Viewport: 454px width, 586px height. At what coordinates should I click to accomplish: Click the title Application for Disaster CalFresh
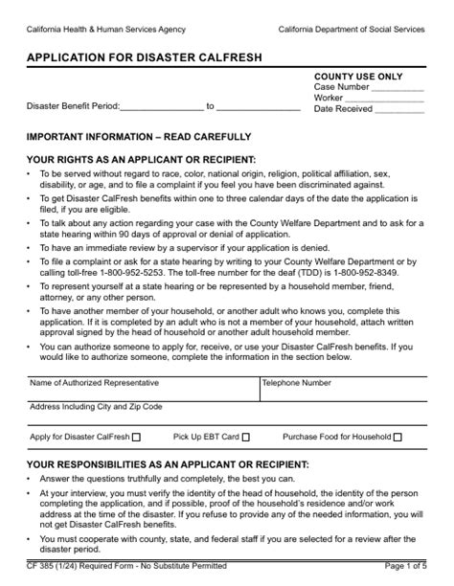pyautogui.click(x=144, y=57)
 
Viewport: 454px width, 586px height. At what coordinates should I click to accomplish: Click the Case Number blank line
pyautogui.click(x=397, y=87)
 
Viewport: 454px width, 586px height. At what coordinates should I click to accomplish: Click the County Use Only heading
pyautogui.click(x=358, y=76)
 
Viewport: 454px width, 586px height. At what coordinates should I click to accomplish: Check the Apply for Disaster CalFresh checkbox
pyautogui.click(x=135, y=438)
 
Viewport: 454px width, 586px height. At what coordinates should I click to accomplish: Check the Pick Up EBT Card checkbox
pyautogui.click(x=246, y=438)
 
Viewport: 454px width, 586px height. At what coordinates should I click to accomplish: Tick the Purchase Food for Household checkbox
pyautogui.click(x=397, y=438)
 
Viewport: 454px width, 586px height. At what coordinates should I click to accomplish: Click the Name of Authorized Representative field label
pyautogui.click(x=93, y=382)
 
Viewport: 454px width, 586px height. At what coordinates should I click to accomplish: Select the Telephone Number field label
pyautogui.click(x=297, y=382)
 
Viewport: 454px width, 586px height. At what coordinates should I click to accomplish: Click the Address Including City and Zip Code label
pyautogui.click(x=96, y=407)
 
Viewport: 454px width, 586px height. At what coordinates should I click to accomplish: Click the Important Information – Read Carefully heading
pyautogui.click(x=139, y=137)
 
